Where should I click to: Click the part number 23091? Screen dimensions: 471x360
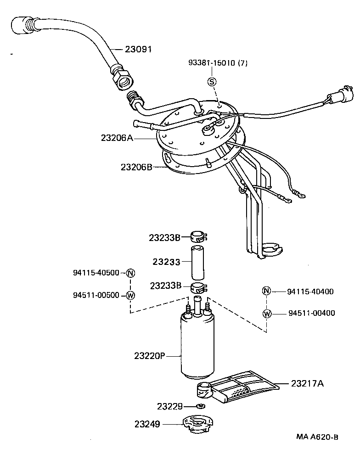point(138,49)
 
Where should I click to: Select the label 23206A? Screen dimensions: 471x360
point(117,137)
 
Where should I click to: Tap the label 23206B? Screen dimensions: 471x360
point(136,167)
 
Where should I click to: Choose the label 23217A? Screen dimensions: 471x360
point(307,383)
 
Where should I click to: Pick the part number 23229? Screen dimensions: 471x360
point(170,406)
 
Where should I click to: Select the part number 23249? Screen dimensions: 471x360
point(147,424)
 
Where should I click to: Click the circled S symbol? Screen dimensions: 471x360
point(212,82)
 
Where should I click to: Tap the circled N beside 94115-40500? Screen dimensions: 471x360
point(130,273)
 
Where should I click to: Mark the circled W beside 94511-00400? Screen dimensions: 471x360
point(267,314)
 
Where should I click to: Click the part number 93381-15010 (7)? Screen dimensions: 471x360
point(218,63)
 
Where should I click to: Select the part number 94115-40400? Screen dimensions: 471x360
point(310,291)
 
